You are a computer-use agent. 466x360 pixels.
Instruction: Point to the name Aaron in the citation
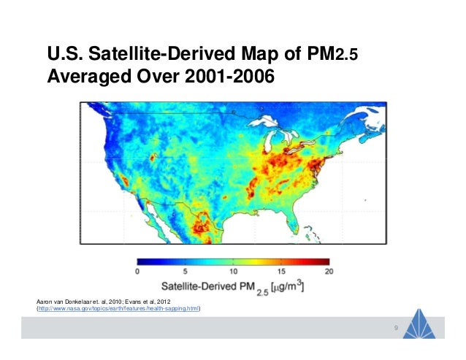coord(46,301)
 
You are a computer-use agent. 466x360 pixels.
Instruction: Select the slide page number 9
coord(395,327)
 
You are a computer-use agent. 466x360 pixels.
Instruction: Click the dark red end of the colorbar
coord(325,261)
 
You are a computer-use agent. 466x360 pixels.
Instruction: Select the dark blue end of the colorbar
coord(140,261)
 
